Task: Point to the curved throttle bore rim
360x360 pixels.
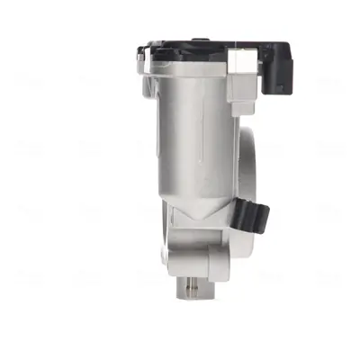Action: coord(251,162)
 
